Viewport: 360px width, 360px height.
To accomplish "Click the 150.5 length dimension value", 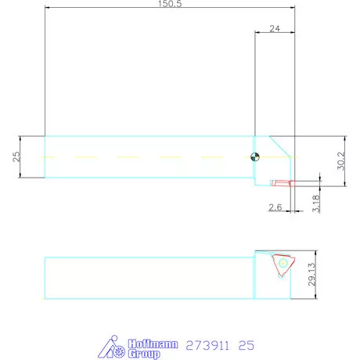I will tap(169, 4).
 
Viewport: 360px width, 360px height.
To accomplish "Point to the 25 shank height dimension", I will tap(16, 157).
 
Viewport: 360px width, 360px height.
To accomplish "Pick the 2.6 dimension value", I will tap(275, 207).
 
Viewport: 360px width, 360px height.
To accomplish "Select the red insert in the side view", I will tap(280, 183).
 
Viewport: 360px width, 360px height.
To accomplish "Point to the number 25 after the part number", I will tap(247, 345).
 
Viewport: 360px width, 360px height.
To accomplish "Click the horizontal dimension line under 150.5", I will tap(169, 9).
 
